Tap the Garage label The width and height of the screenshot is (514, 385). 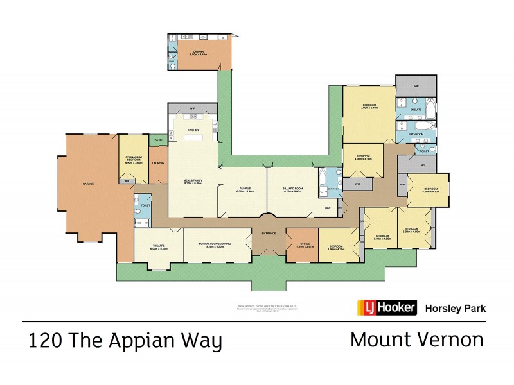(88, 184)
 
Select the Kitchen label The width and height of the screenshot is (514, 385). (192, 130)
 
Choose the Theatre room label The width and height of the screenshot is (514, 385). (159, 246)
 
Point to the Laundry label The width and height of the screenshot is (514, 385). (159, 163)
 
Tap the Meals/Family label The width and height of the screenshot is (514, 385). (193, 180)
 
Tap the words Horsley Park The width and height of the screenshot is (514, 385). (456, 309)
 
